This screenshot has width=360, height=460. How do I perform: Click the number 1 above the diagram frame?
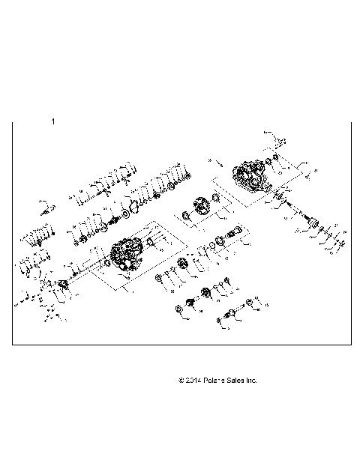(52, 121)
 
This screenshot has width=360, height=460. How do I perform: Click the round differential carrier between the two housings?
(202, 205)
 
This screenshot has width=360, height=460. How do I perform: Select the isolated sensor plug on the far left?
(44, 207)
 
